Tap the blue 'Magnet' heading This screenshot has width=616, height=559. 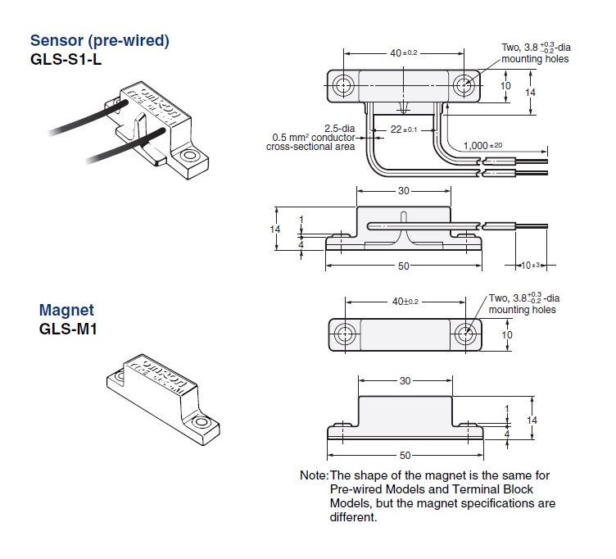66,311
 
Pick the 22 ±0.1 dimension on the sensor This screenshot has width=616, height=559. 403,130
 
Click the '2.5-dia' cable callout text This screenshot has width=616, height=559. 340,129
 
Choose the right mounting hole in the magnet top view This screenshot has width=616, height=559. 466,334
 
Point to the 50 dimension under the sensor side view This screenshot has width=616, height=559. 403,266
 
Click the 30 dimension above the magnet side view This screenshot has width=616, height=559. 403,382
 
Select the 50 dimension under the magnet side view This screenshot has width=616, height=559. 403,455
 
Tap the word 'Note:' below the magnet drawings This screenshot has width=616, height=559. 314,476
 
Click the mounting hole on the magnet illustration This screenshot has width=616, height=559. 199,423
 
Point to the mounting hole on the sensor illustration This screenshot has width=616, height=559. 190,154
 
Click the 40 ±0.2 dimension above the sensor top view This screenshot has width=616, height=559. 404,53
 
